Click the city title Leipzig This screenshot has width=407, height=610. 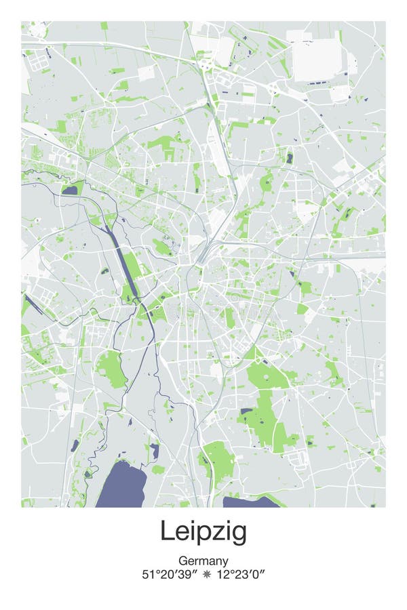coord(203,532)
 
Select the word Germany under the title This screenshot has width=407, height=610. coord(203,561)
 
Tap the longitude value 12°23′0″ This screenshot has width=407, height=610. coord(239,575)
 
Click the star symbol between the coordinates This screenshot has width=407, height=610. coord(206,575)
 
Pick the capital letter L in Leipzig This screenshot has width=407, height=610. coord(166,531)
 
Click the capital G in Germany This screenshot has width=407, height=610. coord(183,561)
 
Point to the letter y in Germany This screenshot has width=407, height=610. coord(225,563)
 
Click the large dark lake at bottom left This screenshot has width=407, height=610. coord(122,485)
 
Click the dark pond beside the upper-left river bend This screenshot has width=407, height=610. coord(70,191)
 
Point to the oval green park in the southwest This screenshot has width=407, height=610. coord(111,369)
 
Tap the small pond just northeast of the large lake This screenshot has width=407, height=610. coord(155,451)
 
